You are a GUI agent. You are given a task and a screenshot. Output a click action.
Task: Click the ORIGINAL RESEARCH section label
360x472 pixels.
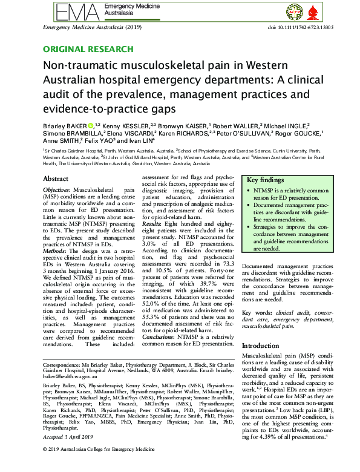coord(88,49)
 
